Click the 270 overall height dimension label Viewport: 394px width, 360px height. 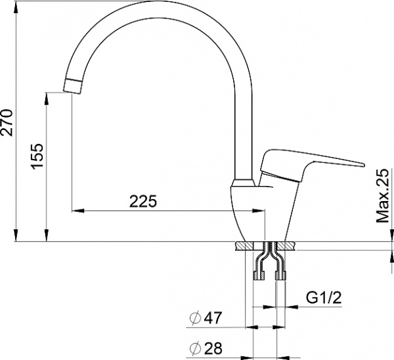coord(7,121)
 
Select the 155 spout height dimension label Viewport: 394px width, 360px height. coord(37,156)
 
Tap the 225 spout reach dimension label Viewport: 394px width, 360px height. coord(143,202)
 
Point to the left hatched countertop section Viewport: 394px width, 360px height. coord(242,246)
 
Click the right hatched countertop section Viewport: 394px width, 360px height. coord(287,246)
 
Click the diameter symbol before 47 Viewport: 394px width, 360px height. coord(194,319)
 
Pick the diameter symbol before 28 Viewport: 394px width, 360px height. coord(194,346)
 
